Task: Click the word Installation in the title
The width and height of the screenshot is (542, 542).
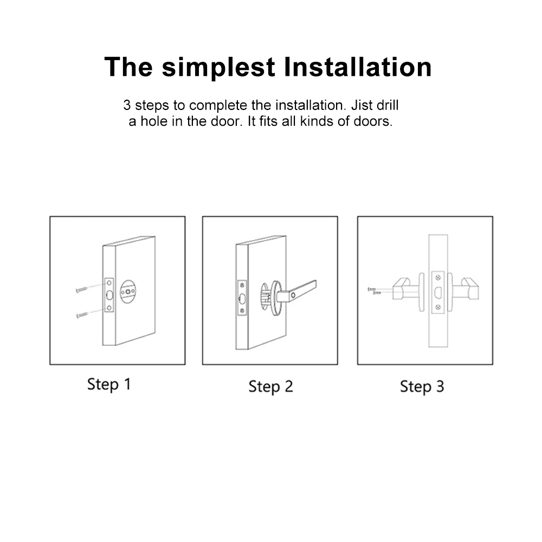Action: tap(358, 67)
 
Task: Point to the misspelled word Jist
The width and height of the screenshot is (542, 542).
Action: tap(361, 105)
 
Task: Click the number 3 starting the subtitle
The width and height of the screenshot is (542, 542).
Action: tap(127, 105)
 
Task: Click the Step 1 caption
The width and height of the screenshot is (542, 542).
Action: tap(109, 385)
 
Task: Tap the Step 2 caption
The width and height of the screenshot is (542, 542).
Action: tap(270, 387)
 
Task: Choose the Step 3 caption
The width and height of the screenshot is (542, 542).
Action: tap(422, 387)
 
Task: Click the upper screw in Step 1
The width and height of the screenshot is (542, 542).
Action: tap(82, 289)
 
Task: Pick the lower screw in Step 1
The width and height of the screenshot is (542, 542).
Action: tap(82, 315)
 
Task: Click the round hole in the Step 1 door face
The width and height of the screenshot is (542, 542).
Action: tap(128, 292)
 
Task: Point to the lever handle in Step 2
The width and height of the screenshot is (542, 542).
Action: tap(296, 292)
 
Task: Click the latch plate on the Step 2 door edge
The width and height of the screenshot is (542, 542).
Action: tap(242, 298)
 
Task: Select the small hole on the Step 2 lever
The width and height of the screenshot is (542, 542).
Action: tap(293, 295)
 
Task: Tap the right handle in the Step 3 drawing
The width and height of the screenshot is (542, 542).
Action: tap(466, 289)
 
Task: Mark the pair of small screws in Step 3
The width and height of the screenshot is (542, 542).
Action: tap(375, 291)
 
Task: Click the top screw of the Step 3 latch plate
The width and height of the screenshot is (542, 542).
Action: tap(438, 278)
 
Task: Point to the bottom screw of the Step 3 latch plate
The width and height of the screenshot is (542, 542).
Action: tap(438, 307)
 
